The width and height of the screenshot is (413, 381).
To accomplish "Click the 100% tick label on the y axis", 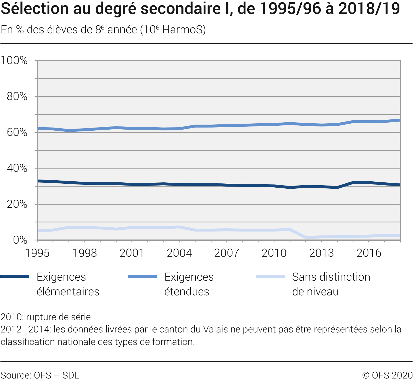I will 14,61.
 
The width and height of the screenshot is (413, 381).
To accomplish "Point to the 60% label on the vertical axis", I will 17,132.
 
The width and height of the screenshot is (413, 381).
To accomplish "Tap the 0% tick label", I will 20,240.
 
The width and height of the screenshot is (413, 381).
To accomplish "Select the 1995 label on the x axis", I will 37,253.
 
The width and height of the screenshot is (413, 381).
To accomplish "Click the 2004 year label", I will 179,253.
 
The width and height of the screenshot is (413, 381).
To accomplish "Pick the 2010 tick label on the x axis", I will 274,253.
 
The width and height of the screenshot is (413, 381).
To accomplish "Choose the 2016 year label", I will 369,253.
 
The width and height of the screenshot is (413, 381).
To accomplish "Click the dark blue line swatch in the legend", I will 15,276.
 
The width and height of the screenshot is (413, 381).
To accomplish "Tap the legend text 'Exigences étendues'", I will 189,284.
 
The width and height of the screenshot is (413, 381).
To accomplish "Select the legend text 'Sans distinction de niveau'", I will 331,284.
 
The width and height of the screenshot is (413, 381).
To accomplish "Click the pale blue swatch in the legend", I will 270,276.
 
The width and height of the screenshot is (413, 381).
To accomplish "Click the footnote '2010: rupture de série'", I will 46,317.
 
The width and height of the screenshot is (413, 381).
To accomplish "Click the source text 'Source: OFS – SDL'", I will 40,375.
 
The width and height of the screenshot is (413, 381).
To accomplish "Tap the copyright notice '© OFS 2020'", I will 387,375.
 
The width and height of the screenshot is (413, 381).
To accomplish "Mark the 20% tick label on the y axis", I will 17,204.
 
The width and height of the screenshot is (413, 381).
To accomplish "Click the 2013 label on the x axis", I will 322,253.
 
